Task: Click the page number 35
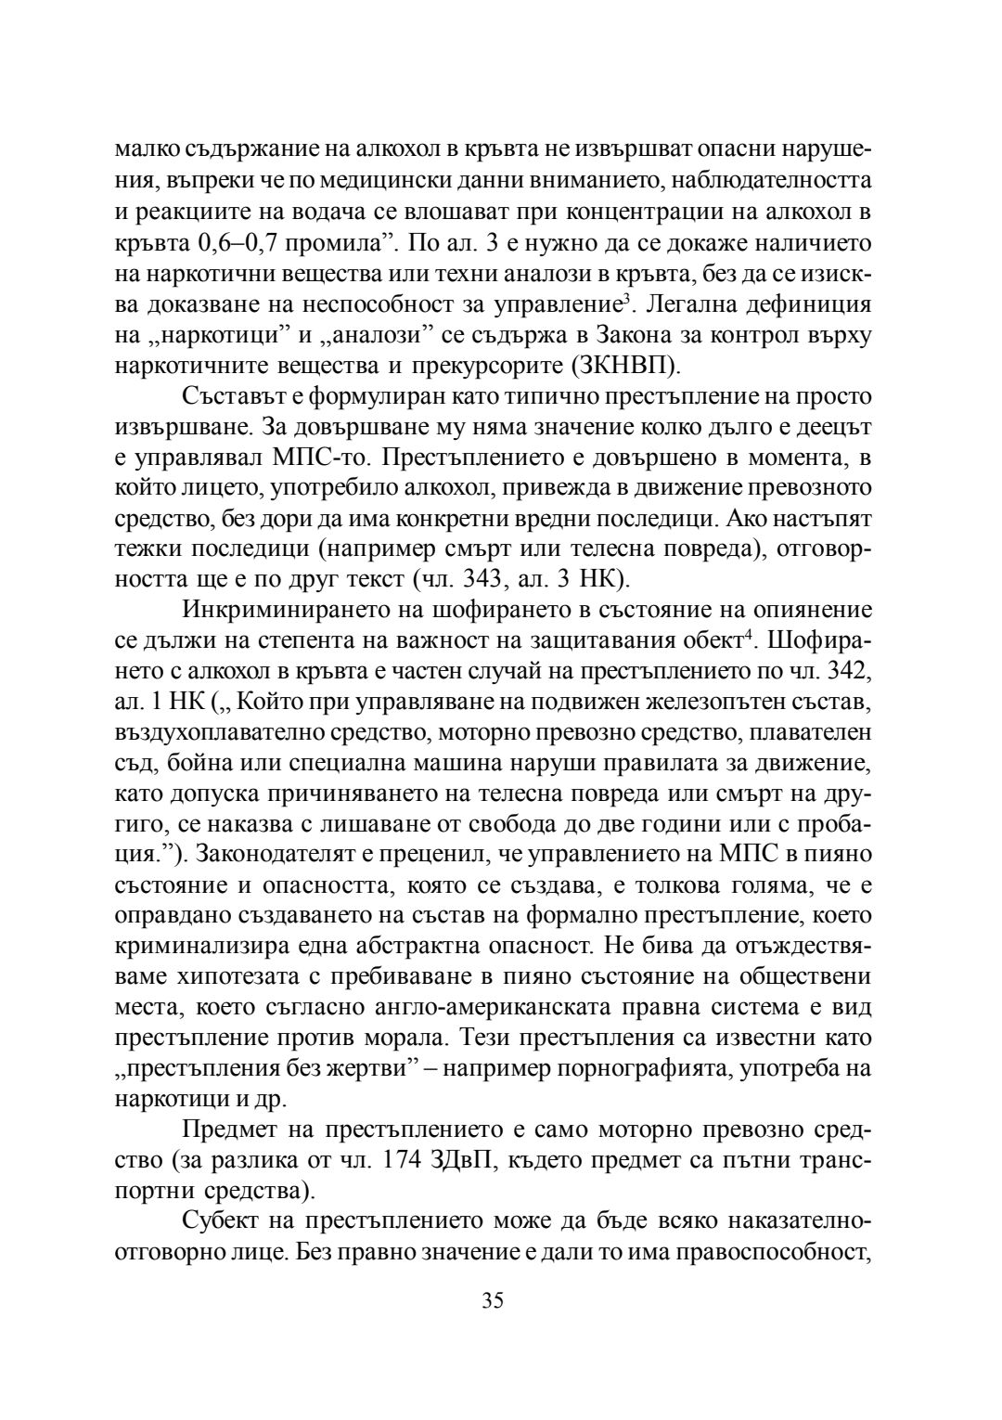493,1300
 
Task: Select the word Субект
222,1220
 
